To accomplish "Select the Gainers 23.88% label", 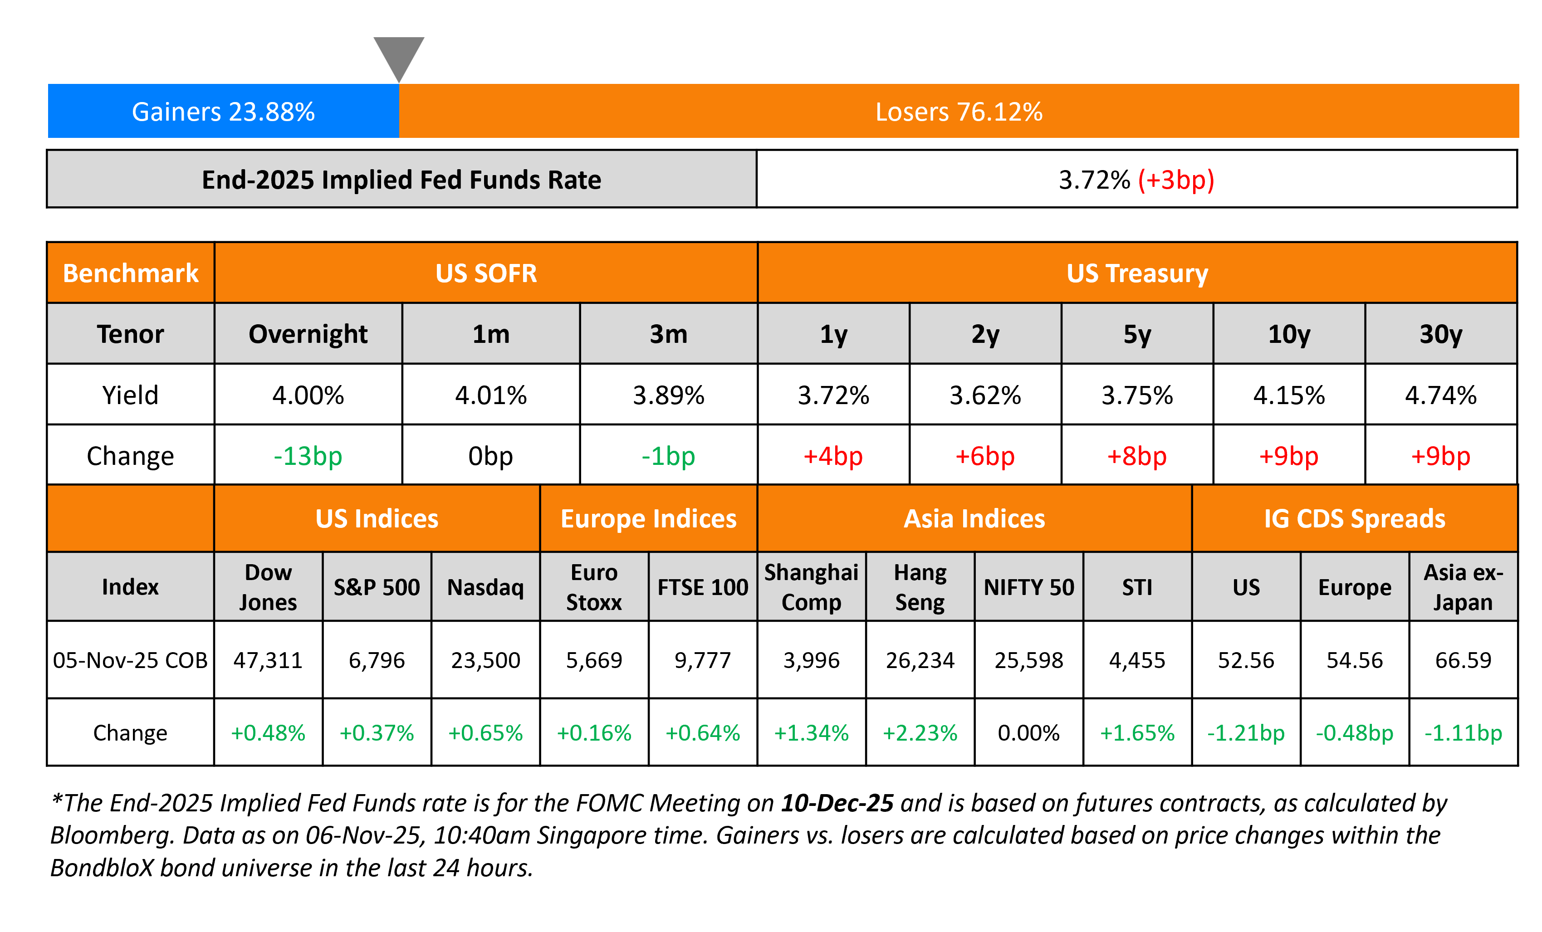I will tap(223, 112).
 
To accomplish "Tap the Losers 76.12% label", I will tap(958, 112).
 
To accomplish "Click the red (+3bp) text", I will tap(1175, 180).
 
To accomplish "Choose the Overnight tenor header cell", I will tap(308, 334).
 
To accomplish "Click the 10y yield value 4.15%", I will tap(1288, 395).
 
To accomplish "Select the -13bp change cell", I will tap(308, 456).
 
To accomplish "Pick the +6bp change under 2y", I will tap(984, 456).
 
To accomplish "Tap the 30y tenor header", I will tap(1441, 334).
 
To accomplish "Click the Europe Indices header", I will tap(648, 518).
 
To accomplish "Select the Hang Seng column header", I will tap(920, 587).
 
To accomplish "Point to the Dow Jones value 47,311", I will tap(268, 660).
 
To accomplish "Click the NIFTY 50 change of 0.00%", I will tap(1028, 732).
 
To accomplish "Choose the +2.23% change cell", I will tap(920, 732).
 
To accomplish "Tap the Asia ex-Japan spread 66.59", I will tap(1463, 660).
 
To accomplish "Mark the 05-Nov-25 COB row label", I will tap(130, 660).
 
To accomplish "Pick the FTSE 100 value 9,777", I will tap(702, 660).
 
